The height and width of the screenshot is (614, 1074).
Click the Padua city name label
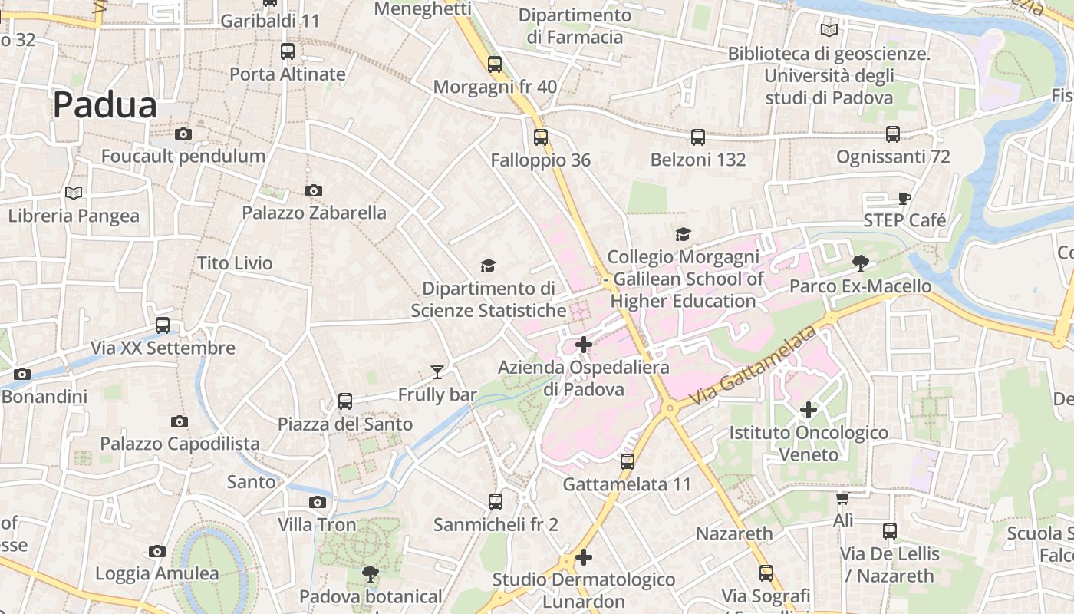click(104, 105)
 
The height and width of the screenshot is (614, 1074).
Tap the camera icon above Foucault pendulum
click(183, 134)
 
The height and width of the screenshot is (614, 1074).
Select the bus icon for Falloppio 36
click(541, 137)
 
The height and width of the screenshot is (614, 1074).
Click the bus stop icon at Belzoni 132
click(697, 137)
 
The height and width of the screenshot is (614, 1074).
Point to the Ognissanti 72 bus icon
click(893, 134)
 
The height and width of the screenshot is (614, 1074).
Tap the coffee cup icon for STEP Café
click(904, 198)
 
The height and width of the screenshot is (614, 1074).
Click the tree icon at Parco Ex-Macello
click(860, 263)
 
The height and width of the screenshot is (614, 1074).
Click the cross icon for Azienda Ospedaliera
click(584, 345)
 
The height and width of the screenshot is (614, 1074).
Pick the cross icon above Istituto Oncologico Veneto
click(808, 410)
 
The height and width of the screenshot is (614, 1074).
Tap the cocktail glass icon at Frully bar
click(437, 372)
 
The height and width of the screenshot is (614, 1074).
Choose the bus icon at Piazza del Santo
click(345, 401)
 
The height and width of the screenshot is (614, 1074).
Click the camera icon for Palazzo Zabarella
click(313, 190)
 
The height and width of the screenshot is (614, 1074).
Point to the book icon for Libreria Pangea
click(74, 193)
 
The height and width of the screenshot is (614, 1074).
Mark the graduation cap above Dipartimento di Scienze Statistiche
click(488, 266)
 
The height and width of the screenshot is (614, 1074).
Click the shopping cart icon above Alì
click(842, 499)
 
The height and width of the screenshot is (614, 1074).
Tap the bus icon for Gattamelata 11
click(628, 462)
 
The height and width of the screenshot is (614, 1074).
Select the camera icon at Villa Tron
click(317, 503)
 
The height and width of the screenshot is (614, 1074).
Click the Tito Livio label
click(235, 263)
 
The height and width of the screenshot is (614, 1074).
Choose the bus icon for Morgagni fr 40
click(495, 64)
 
